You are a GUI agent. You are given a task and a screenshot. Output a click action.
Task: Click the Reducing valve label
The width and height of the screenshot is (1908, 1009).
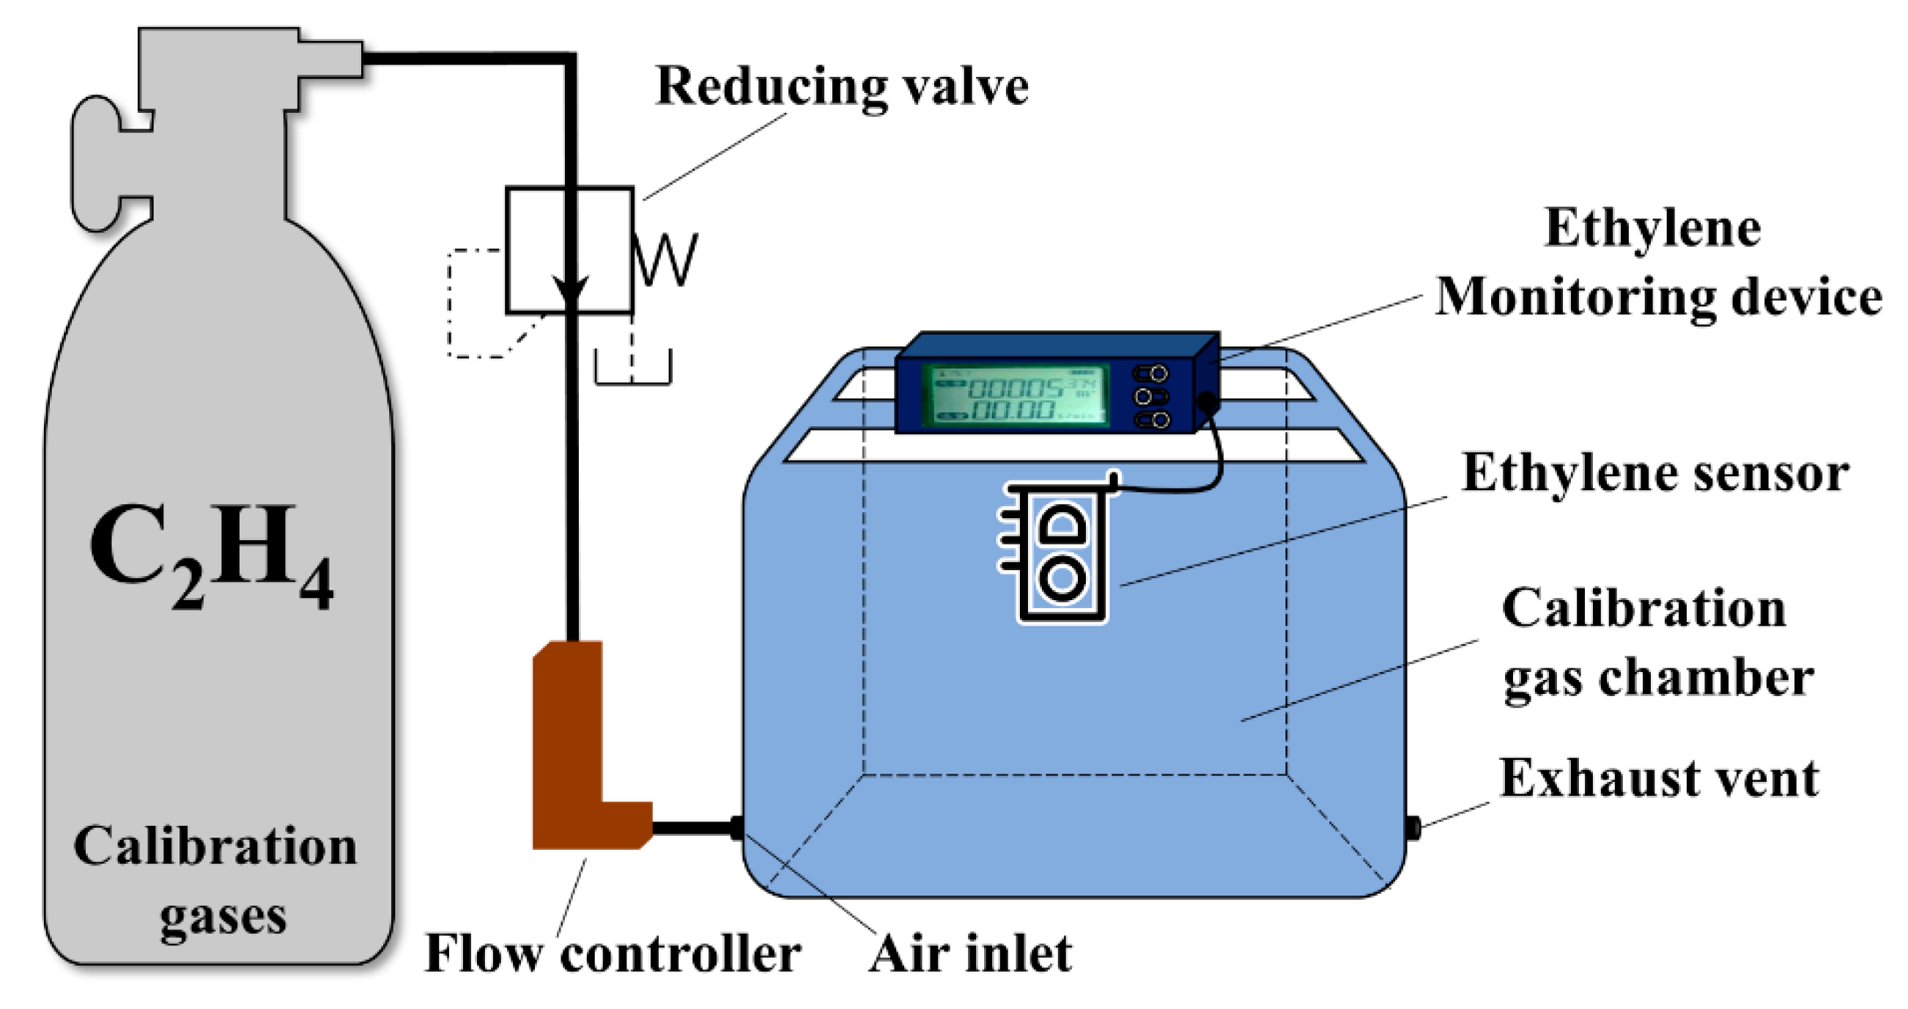[x=841, y=87]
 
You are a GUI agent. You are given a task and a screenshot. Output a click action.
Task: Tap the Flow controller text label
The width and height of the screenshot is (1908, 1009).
[x=612, y=954]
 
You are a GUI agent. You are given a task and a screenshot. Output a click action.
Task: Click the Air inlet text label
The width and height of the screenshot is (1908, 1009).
[x=969, y=954]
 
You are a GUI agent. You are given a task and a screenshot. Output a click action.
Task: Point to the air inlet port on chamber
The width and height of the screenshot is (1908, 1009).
[x=736, y=827]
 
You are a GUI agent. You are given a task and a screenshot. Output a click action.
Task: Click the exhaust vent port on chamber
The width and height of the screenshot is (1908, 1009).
[x=1413, y=827]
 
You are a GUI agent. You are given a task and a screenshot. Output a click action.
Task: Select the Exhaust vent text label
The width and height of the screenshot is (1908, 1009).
[x=1658, y=779]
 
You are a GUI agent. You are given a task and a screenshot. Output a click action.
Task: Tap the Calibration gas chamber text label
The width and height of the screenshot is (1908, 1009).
[x=1656, y=643]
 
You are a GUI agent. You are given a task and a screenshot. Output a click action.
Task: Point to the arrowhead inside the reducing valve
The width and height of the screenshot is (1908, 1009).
[x=570, y=289]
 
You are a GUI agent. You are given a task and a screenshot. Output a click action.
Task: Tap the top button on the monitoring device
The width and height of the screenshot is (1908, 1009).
[x=1150, y=373]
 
